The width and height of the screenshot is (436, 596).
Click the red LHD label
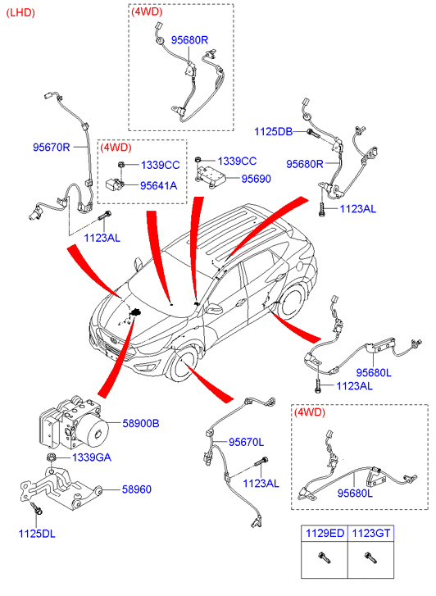pos(20,13)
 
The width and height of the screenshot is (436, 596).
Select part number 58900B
pos(141,423)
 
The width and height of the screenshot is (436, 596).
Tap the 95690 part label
pos(257,178)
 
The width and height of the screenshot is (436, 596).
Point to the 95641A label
pos(158,185)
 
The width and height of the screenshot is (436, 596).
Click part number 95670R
pos(52,147)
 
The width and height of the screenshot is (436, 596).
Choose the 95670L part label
pos(247,442)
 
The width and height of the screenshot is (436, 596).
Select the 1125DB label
pos(273,131)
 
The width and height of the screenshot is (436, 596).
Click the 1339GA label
pos(92,457)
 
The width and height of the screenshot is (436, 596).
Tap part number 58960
pos(137,489)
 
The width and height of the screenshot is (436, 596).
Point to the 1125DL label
pos(37,534)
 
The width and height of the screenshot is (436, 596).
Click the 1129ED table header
pos(325,533)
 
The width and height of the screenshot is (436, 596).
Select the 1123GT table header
pos(371,533)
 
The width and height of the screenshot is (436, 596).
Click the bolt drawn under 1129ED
pos(325,557)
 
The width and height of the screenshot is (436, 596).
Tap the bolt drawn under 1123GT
pos(370,557)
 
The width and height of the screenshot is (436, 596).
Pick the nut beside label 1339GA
pos(50,457)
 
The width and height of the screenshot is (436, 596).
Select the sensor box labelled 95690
pos(210,174)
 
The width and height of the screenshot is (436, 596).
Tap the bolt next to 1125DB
pos(314,134)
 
